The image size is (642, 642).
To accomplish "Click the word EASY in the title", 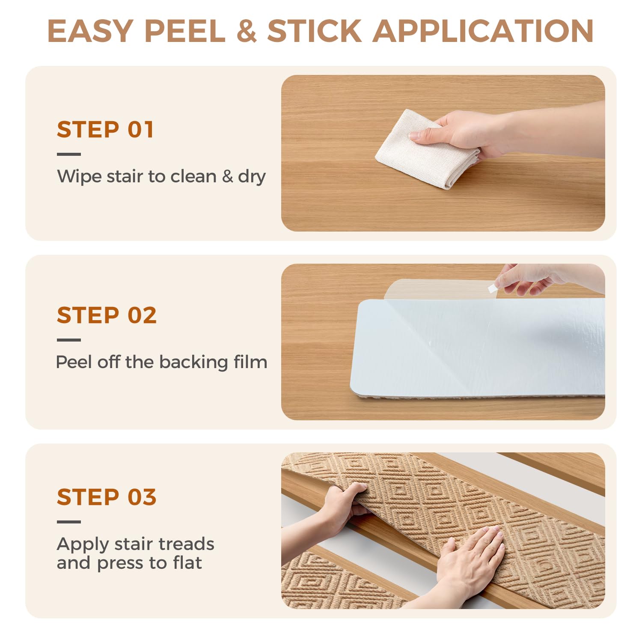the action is pos(90,31).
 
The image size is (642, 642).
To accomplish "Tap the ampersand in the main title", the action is pos(247,31).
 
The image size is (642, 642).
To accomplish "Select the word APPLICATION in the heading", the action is pos(483,31).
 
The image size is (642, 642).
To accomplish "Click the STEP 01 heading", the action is pos(105,130).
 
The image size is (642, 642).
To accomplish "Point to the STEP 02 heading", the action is pos(107,315).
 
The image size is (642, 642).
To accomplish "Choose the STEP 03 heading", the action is pos(107,497).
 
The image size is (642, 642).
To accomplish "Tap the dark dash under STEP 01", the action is pos(69,154).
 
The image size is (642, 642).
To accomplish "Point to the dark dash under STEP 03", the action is pos(69,522).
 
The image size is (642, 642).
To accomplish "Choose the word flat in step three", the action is pos(187,563).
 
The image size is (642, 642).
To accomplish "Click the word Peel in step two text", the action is pos(74,362).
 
